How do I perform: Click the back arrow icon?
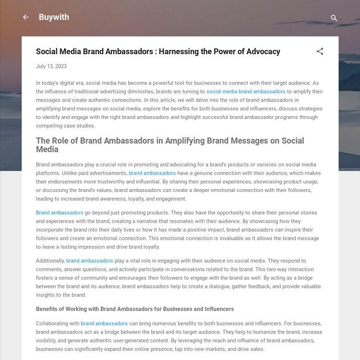[26, 17]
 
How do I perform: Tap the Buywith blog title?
[54, 17]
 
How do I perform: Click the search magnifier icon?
[334, 18]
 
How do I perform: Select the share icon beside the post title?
[320, 51]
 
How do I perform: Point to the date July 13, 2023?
[51, 66]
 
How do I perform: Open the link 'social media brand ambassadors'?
[246, 92]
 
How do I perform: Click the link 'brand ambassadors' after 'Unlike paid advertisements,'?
[152, 173]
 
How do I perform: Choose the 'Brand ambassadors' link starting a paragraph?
[60, 213]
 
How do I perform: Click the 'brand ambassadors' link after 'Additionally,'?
[90, 261]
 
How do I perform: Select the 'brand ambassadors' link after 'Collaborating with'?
[104, 324]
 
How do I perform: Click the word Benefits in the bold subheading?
[48, 309]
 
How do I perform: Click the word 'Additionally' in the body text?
[50, 261]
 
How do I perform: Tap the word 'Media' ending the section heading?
[48, 149]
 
